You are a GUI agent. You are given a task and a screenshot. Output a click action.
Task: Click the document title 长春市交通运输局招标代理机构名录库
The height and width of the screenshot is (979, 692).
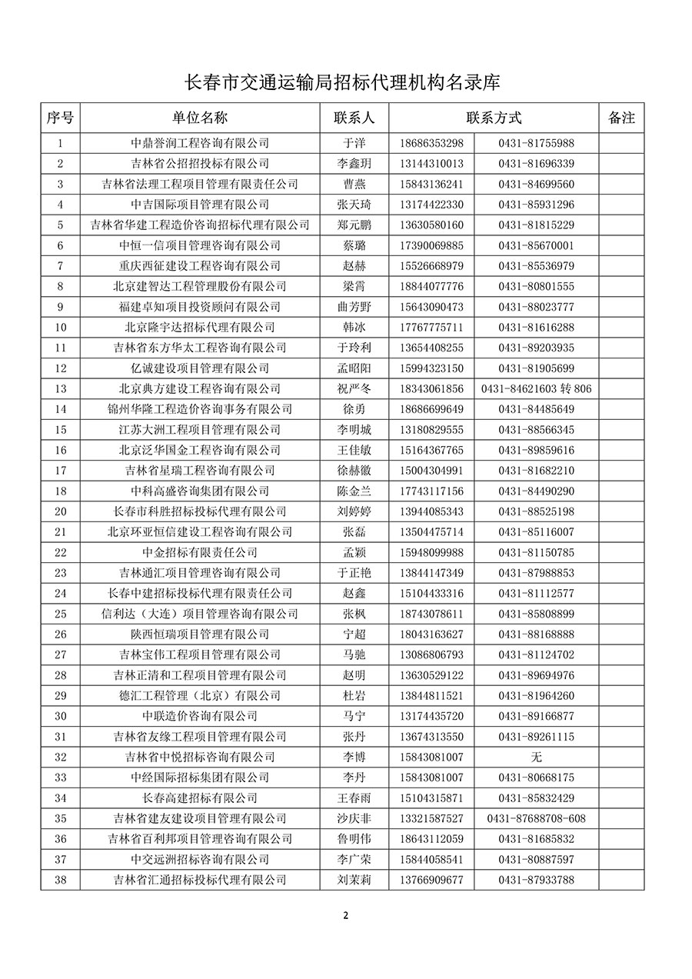[345, 82]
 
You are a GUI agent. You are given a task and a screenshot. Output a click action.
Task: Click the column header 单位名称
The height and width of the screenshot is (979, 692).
[200, 118]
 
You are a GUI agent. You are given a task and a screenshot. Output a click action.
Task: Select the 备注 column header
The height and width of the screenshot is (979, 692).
[621, 118]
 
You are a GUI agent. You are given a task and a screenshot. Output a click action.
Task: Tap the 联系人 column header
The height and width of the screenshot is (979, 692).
[354, 118]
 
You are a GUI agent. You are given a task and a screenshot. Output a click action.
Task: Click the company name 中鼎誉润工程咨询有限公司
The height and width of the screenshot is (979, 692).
[200, 143]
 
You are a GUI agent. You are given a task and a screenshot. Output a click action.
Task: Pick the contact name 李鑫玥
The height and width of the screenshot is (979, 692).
[354, 164]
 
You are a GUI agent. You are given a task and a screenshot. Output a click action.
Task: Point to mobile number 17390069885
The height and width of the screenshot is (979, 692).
[431, 245]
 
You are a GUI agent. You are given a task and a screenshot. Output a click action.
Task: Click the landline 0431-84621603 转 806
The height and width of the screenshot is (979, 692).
[537, 389]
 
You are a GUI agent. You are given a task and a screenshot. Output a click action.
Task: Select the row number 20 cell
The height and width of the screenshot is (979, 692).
[61, 511]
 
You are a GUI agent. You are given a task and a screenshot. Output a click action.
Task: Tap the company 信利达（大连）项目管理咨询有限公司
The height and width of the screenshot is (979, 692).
[200, 614]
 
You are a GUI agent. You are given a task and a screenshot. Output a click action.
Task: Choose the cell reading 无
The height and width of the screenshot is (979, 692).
[537, 757]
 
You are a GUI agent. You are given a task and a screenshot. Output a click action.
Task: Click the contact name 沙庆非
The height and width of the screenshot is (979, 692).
[354, 818]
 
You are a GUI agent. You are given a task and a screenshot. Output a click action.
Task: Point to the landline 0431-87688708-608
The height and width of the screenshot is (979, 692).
[537, 818]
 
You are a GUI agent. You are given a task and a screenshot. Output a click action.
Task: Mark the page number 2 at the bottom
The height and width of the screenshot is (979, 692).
[346, 915]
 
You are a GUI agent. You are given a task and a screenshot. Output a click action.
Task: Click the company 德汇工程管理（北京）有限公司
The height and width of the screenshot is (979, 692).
[200, 696]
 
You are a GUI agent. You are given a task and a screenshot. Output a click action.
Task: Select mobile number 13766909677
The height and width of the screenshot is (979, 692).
[431, 880]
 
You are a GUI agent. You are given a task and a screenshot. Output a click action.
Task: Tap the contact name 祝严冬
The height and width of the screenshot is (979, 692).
[354, 389]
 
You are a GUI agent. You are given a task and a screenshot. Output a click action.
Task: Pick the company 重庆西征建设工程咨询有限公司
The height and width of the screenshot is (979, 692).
[200, 266]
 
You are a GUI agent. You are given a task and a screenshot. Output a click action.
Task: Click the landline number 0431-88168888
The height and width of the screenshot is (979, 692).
[537, 634]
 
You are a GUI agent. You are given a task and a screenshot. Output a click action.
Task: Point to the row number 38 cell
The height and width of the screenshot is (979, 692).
[61, 880]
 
